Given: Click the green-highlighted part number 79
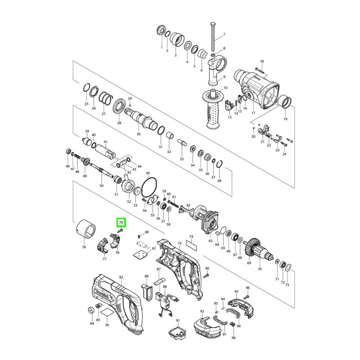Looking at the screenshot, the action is coord(121,222).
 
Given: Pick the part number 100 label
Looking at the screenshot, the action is coord(107,324).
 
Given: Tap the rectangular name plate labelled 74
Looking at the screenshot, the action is coord(191,245).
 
